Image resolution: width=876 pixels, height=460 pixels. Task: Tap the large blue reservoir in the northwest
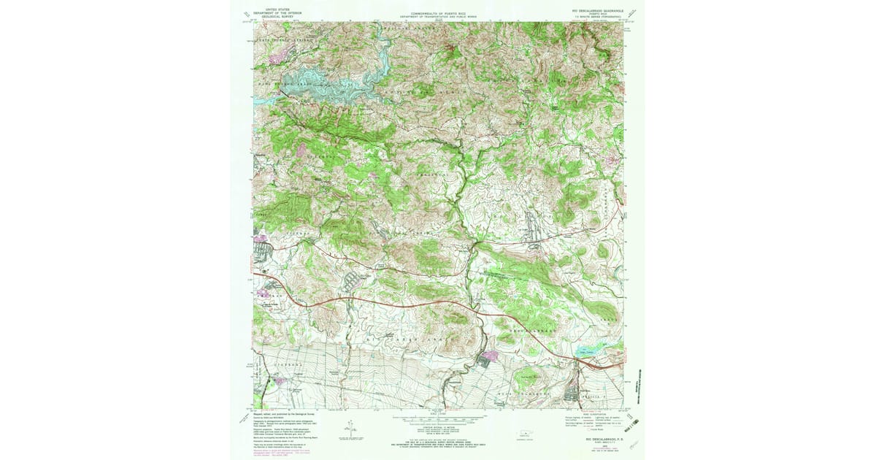click(x=321, y=84)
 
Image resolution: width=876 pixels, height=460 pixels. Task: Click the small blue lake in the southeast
click(x=588, y=354)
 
